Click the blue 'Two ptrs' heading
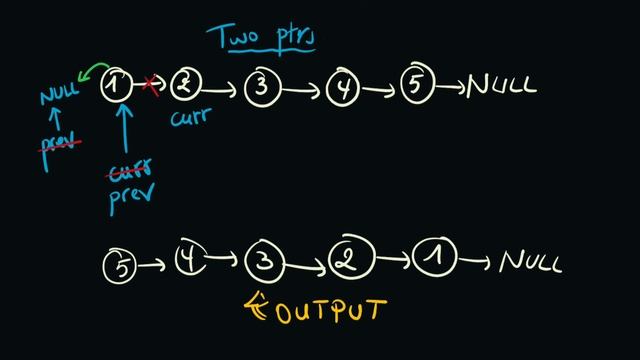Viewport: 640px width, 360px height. click(x=262, y=37)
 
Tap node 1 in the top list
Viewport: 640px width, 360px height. click(x=118, y=88)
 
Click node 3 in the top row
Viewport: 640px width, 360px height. click(x=262, y=88)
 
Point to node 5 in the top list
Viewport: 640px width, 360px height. click(x=418, y=86)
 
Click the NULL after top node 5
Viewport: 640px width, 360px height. click(x=503, y=86)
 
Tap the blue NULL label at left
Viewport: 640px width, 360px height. click(x=59, y=98)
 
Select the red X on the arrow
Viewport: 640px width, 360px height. click(x=152, y=87)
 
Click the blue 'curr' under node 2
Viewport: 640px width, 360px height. click(x=189, y=122)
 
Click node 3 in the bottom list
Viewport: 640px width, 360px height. click(x=263, y=263)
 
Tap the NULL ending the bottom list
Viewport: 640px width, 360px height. click(x=530, y=263)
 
